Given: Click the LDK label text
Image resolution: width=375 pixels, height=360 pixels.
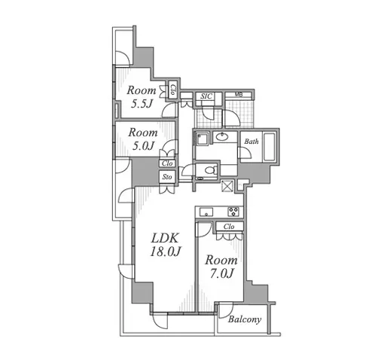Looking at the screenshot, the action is click(x=165, y=238).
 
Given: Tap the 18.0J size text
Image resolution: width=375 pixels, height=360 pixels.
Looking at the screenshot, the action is click(x=166, y=252).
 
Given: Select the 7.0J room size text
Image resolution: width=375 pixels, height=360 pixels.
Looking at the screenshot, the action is click(x=221, y=273).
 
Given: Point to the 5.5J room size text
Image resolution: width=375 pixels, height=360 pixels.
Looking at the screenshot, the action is click(x=142, y=104).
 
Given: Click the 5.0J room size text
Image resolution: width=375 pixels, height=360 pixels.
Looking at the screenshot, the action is click(x=143, y=145).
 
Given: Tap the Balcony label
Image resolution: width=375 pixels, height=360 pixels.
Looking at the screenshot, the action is click(x=245, y=319).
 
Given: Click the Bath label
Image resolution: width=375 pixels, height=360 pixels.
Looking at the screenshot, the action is click(x=252, y=142).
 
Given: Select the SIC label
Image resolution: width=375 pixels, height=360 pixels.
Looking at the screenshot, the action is click(x=206, y=96).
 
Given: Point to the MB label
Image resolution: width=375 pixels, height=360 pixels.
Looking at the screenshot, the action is click(x=239, y=95).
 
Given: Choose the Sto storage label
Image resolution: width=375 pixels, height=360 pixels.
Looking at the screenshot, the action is click(x=167, y=177).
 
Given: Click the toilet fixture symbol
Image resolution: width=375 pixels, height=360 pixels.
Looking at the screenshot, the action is click(x=211, y=170).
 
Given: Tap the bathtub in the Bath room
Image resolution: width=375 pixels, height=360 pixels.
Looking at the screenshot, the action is click(x=270, y=146).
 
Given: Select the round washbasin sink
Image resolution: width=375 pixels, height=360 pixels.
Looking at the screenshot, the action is click(x=221, y=136).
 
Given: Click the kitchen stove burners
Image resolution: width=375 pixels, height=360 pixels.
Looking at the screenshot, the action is click(x=233, y=212).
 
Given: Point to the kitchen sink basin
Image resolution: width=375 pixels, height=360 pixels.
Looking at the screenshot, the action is click(x=206, y=212).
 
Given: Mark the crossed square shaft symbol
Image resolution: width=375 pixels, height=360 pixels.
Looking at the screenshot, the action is click(x=227, y=186).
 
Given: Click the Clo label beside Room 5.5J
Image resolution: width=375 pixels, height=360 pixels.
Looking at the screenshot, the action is click(x=172, y=90).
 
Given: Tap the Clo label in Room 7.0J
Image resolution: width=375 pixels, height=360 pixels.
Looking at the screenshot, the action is click(x=229, y=227).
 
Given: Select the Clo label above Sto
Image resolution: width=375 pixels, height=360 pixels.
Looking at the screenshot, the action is click(x=167, y=163).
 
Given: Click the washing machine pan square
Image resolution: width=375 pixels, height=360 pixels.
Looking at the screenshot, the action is click(x=202, y=139).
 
